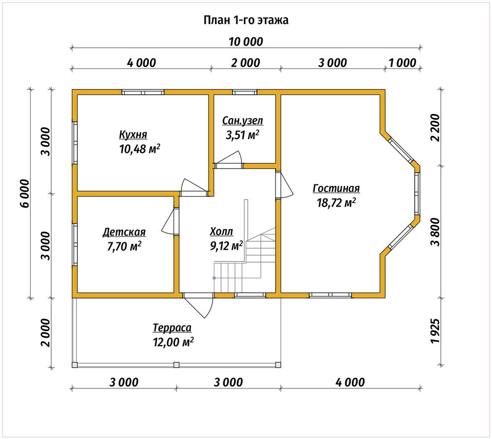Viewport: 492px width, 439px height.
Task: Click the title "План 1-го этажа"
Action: tap(246, 20)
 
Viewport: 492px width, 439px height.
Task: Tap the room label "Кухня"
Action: tap(133, 135)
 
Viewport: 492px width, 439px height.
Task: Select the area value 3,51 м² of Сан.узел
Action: tap(243, 135)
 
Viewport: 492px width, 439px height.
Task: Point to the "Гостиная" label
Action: tap(336, 188)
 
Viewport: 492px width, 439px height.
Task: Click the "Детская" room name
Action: tap(124, 232)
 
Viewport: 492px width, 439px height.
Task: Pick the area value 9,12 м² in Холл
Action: tap(226, 246)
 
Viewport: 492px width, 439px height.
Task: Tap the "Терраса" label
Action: tap(172, 328)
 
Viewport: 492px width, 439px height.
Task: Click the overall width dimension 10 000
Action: tap(246, 42)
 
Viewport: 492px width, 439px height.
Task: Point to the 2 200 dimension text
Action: tap(435, 127)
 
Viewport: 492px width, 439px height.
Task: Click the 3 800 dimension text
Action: tap(435, 232)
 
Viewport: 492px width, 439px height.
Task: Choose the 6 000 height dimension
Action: tap(25, 194)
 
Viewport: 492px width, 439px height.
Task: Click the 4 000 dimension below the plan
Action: tap(350, 382)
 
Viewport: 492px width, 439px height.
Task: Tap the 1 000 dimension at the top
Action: tap(402, 63)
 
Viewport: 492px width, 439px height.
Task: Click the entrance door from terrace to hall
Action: tap(198, 305)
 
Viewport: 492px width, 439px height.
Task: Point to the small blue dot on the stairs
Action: tap(214, 278)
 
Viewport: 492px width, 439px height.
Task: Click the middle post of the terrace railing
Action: tap(176, 365)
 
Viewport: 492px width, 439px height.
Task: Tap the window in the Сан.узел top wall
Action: tap(245, 92)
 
